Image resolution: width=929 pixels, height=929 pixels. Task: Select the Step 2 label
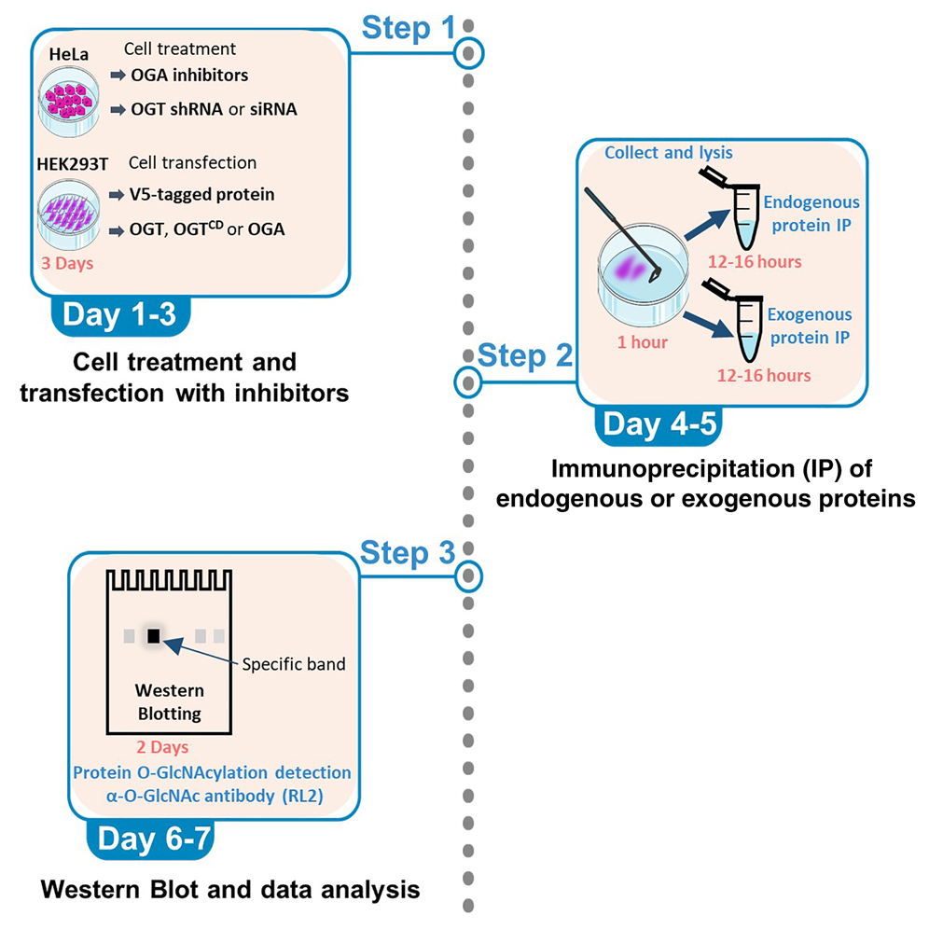pyautogui.click(x=525, y=356)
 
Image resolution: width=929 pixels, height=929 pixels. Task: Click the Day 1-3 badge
pyautogui.click(x=120, y=315)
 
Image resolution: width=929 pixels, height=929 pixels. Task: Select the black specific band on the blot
pyautogui.click(x=153, y=636)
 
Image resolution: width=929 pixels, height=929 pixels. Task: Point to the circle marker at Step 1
pyautogui.click(x=471, y=53)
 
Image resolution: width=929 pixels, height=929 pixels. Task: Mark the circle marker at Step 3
pyautogui.click(x=471, y=575)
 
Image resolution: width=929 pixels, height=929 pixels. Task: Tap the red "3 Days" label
pyautogui.click(x=67, y=263)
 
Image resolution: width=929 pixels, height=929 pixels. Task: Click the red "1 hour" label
pyautogui.click(x=643, y=341)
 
